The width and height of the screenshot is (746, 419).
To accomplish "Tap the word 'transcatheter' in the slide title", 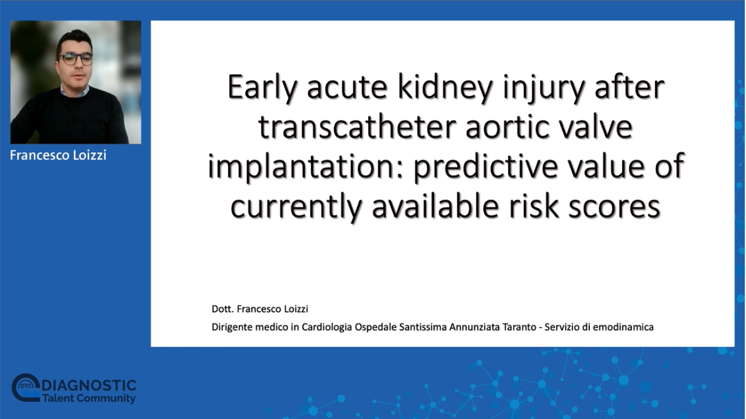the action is click(356, 127).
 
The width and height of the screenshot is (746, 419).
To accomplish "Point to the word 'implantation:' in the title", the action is click(305, 167).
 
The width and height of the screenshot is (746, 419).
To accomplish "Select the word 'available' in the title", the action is click(435, 206).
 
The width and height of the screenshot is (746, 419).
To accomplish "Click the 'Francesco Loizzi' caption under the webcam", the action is click(58, 155).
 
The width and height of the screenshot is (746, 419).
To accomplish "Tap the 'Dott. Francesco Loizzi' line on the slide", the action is click(260, 309).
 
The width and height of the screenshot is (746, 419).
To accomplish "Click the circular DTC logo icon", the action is click(25, 387).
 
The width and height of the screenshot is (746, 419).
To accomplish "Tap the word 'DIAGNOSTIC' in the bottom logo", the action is click(89, 385).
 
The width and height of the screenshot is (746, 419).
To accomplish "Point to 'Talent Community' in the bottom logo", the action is click(89, 398).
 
